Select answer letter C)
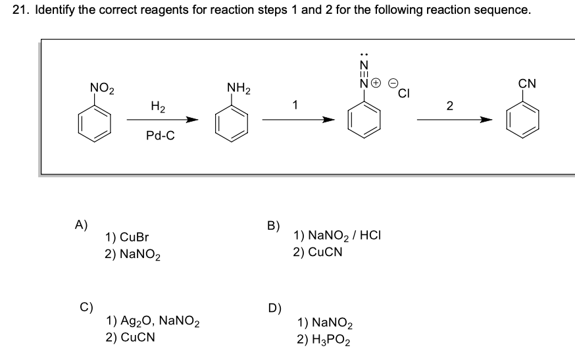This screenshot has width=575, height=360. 86,306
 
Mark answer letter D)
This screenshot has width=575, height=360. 274,308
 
